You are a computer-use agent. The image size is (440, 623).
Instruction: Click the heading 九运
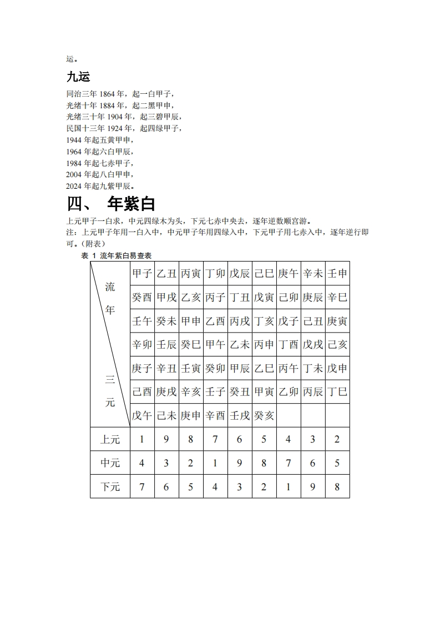click(78, 77)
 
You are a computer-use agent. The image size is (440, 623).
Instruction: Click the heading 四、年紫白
click(110, 204)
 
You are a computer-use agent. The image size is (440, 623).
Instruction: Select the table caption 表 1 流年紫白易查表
click(117, 255)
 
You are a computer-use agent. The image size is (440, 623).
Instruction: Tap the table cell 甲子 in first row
click(142, 274)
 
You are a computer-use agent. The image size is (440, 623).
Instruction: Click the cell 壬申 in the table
click(337, 274)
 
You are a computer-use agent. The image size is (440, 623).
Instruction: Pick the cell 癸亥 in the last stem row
click(264, 415)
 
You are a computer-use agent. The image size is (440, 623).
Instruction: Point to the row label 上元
click(110, 440)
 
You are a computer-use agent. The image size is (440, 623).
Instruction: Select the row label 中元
click(110, 463)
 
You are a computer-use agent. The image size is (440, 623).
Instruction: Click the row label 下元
click(110, 487)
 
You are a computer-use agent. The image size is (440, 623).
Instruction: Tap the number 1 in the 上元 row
click(142, 440)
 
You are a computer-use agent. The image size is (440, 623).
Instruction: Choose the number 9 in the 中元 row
click(240, 463)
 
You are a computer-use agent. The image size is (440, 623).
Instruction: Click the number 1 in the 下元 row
click(289, 487)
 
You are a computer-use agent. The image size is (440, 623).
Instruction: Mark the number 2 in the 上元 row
click(337, 440)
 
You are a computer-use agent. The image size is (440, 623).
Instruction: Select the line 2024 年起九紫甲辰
click(100, 186)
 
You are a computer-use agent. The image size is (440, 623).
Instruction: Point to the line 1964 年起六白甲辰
click(100, 152)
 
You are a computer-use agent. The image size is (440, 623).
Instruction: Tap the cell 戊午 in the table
click(142, 415)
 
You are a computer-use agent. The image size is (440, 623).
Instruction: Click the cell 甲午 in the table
click(215, 345)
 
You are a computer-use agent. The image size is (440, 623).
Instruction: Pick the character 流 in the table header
click(110, 287)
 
